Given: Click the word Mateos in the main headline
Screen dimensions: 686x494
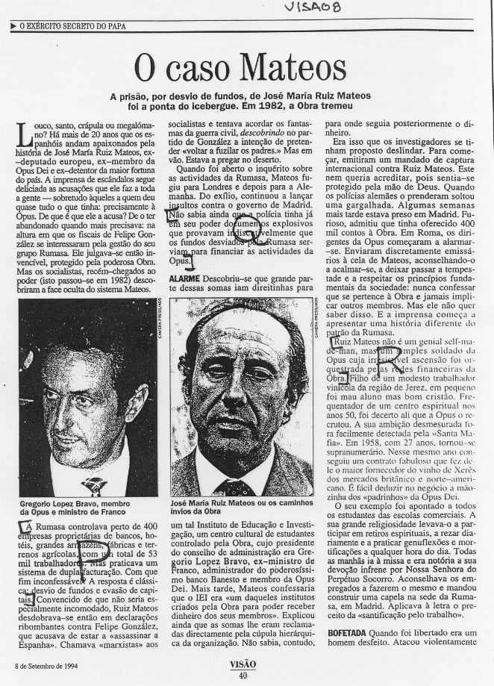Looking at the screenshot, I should tap(288, 70).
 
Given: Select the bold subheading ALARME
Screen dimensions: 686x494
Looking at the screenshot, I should tap(184, 278).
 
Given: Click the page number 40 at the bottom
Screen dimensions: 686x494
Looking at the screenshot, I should tap(243, 676).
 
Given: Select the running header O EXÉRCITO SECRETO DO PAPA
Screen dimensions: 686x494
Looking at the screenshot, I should tap(72, 28).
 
